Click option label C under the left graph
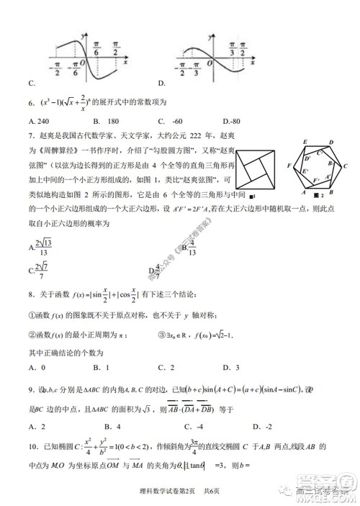(31, 83)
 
